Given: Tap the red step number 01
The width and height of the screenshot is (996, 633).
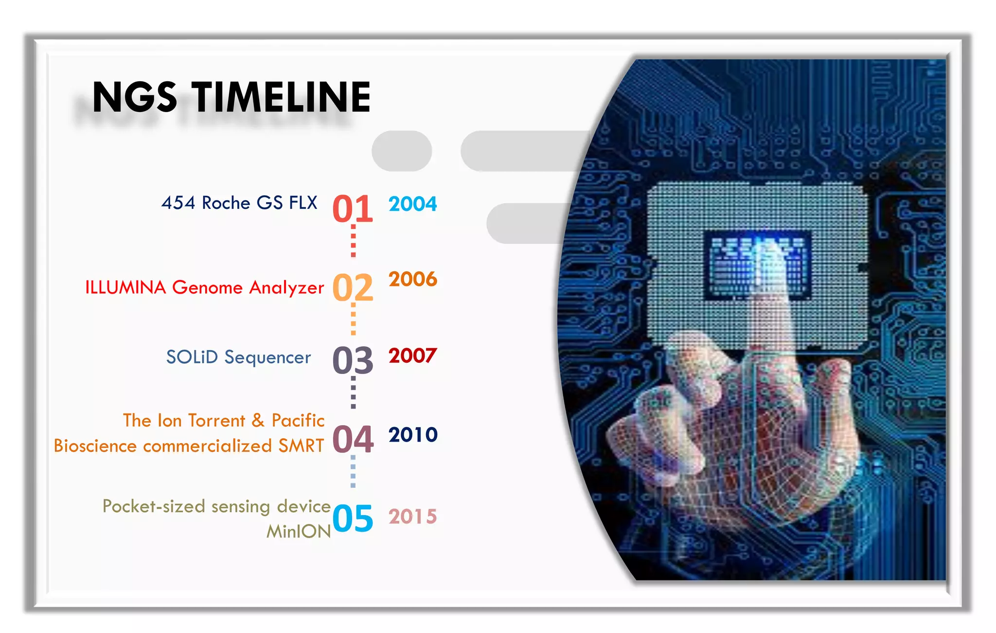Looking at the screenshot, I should click(x=353, y=208).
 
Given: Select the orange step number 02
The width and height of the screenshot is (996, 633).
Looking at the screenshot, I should click(x=353, y=287).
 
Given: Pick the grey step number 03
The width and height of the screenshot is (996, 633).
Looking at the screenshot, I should click(x=353, y=360).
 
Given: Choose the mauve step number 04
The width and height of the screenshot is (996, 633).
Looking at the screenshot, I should click(x=353, y=439).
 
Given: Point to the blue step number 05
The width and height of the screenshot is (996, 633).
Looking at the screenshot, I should click(x=353, y=518).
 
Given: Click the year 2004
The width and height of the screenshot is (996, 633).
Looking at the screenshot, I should click(x=412, y=204).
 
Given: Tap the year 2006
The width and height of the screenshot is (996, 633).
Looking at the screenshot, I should click(x=412, y=279).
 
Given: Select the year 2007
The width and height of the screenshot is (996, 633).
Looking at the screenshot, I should click(x=412, y=356).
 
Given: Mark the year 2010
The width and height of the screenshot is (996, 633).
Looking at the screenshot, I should click(x=412, y=435).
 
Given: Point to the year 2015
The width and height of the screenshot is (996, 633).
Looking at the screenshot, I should click(x=412, y=517).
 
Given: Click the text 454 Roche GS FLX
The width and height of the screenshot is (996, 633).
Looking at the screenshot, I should click(x=239, y=203).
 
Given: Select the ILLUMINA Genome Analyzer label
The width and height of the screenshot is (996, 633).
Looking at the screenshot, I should click(x=204, y=287).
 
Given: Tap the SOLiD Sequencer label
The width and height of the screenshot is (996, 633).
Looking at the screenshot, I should click(x=238, y=357).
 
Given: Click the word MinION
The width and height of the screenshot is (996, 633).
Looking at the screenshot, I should click(x=299, y=531).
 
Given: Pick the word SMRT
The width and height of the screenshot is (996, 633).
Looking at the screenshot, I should click(x=301, y=446).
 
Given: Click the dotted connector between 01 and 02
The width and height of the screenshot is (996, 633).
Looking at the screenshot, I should click(x=353, y=242).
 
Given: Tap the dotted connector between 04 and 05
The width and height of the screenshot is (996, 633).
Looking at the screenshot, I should click(x=353, y=471).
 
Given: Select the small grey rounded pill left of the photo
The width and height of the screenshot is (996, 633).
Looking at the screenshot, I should click(x=402, y=151).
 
